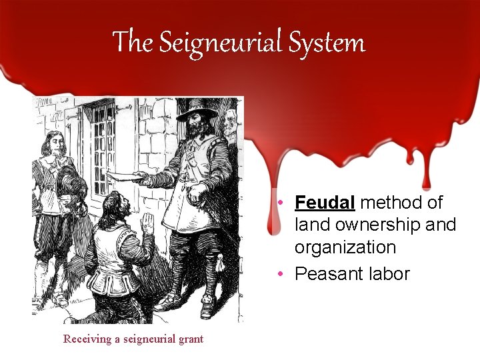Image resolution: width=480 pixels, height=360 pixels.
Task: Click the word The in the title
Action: pos(133,42)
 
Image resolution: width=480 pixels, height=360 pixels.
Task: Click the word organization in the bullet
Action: pos(345,247)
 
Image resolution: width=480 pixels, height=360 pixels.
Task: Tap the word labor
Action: pos(388,273)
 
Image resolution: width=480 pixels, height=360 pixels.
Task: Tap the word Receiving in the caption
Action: pos(87,339)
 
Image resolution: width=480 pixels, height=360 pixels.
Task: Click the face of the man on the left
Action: pos(55,145)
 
